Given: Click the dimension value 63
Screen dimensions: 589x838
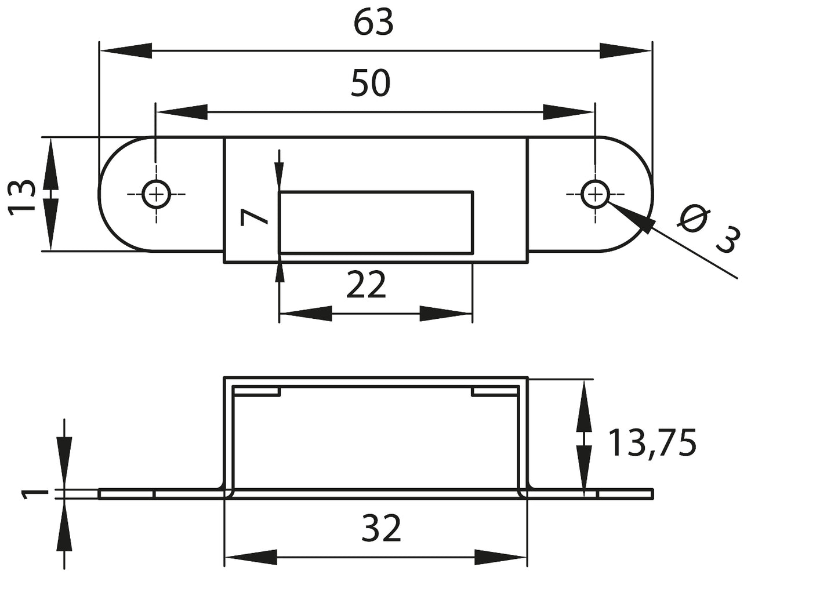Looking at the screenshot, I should [x=373, y=23].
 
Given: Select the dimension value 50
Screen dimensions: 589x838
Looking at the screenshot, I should [x=371, y=83].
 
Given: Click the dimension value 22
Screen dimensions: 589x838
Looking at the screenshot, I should [x=365, y=286].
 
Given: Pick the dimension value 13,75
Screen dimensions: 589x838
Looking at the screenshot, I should [x=651, y=443].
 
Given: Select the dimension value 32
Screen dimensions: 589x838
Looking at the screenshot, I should [x=381, y=529].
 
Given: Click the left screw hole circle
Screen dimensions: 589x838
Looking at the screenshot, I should [x=156, y=194].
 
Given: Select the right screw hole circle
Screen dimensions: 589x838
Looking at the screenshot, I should [x=594, y=194].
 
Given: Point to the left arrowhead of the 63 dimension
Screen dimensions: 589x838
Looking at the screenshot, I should [x=125, y=50].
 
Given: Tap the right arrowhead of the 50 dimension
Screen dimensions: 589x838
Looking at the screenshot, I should [x=568, y=112].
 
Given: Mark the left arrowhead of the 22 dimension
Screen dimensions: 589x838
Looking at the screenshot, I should [x=305, y=314].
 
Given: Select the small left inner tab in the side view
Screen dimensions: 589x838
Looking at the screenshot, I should [x=257, y=392].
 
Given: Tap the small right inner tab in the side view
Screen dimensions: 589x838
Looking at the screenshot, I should [x=495, y=392].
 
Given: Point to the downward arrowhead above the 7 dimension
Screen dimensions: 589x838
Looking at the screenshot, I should [x=279, y=174].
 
